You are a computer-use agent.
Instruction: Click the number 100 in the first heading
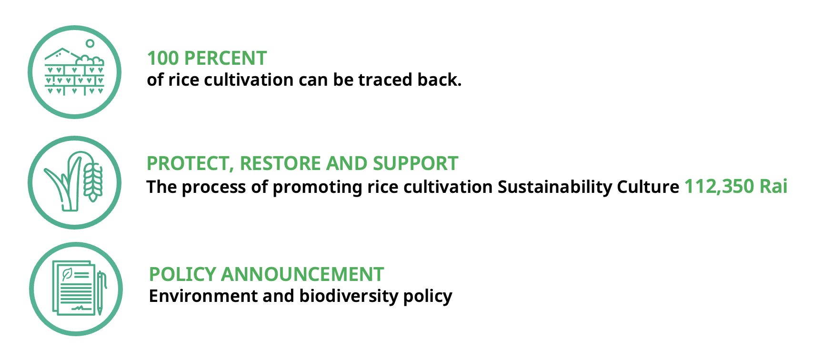(163, 59)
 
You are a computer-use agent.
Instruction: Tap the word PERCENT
(225, 59)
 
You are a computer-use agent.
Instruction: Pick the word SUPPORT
(415, 164)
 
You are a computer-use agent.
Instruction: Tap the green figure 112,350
(719, 187)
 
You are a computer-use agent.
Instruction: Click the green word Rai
(773, 186)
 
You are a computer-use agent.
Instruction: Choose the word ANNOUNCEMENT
(302, 275)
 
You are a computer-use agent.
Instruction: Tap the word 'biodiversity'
(349, 296)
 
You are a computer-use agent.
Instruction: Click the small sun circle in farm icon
(90, 43)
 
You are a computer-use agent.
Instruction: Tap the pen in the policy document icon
(100, 292)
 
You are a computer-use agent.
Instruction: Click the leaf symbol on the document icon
(67, 274)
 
